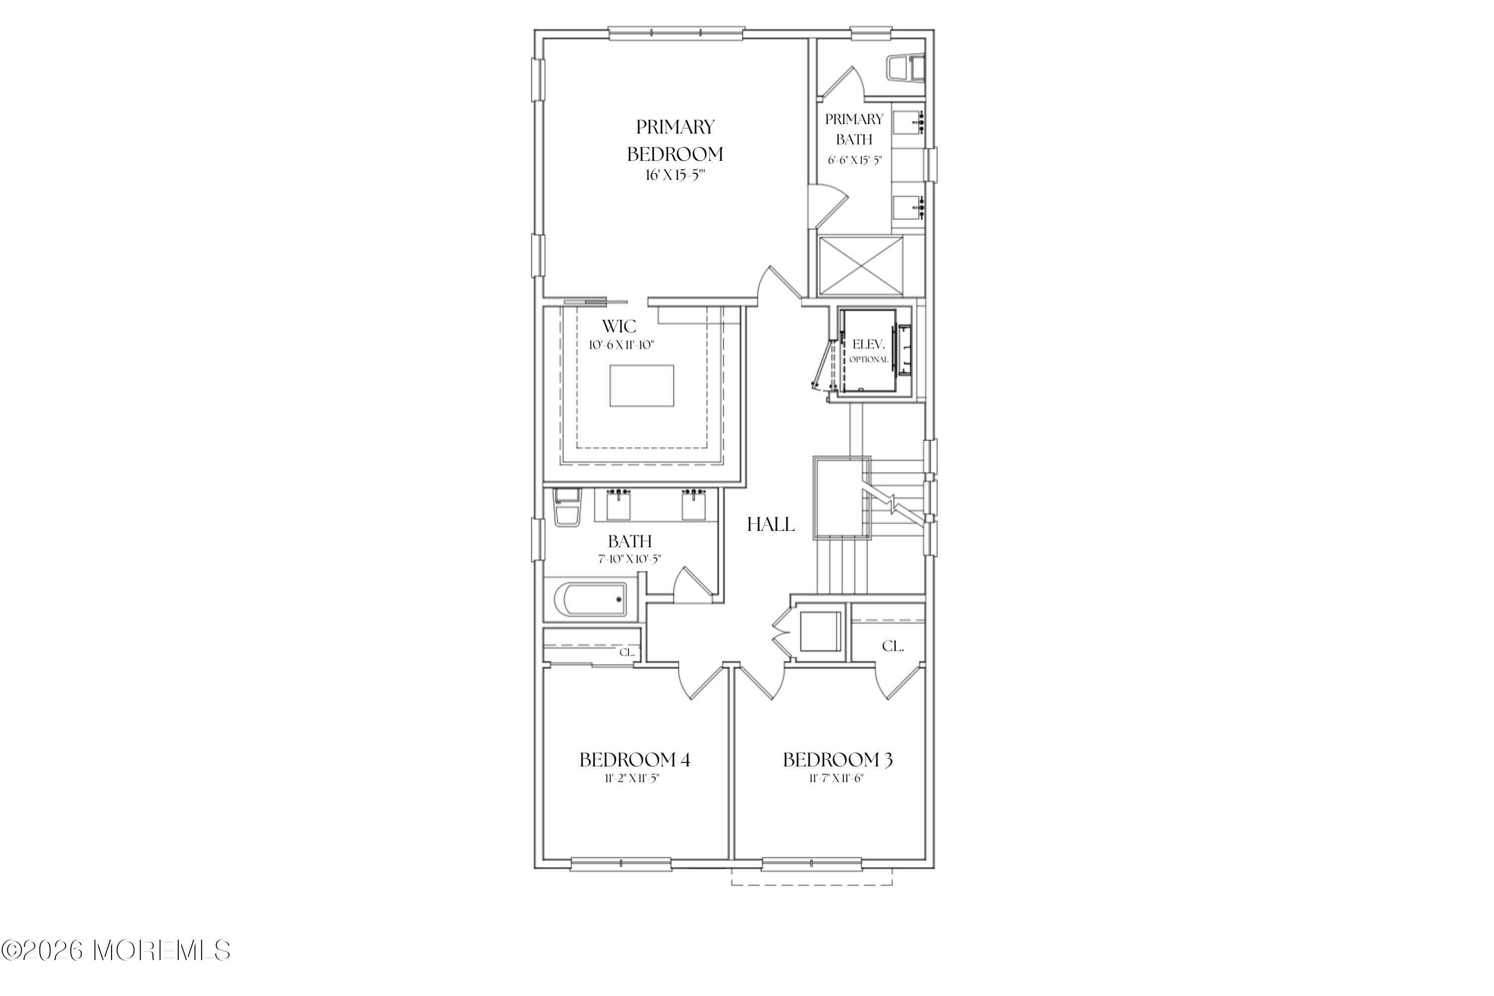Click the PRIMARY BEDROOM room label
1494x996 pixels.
click(675, 140)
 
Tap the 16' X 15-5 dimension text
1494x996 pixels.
click(675, 175)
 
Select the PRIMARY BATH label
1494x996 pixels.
click(854, 129)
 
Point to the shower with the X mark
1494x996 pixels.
click(861, 265)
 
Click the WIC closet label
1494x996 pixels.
click(620, 327)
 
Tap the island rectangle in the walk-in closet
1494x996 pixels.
click(641, 385)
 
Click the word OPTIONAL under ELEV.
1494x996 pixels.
click(869, 360)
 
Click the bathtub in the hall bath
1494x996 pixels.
click(590, 600)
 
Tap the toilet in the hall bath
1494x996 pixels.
click(567, 507)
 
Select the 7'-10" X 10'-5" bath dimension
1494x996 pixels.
click(629, 560)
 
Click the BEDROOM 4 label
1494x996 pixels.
click(634, 760)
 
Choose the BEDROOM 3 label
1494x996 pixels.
click(838, 760)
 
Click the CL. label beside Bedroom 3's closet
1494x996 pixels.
click(892, 646)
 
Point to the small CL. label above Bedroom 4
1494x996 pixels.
click(627, 652)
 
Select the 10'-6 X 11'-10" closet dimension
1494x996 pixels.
click(621, 346)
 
